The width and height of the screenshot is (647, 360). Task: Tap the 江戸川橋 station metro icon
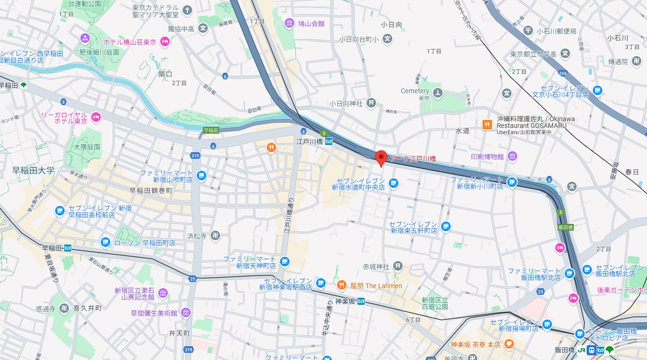pos(329,141)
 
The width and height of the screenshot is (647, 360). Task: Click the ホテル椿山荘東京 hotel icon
pos(165,42)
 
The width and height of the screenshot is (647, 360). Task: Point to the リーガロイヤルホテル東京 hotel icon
pos(96,117)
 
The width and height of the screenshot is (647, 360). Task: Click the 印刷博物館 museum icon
pos(512,156)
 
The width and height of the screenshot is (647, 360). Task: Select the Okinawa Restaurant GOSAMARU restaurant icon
pos(487,125)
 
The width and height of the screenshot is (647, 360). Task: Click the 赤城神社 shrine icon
pos(398,266)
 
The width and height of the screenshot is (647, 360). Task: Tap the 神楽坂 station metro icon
pos(361,301)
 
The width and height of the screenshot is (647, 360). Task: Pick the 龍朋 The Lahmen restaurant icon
pos(341,285)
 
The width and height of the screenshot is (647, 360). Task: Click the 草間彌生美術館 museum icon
pos(186,313)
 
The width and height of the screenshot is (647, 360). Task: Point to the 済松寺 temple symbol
pos(216,235)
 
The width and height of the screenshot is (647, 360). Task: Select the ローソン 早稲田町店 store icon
pos(106,243)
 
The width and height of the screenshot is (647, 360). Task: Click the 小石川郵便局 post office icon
pos(528,31)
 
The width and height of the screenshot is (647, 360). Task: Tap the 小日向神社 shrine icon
pos(371,103)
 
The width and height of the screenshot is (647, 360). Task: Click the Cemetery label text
pos(415,91)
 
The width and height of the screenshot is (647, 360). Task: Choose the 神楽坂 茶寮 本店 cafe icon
pos(509,344)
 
